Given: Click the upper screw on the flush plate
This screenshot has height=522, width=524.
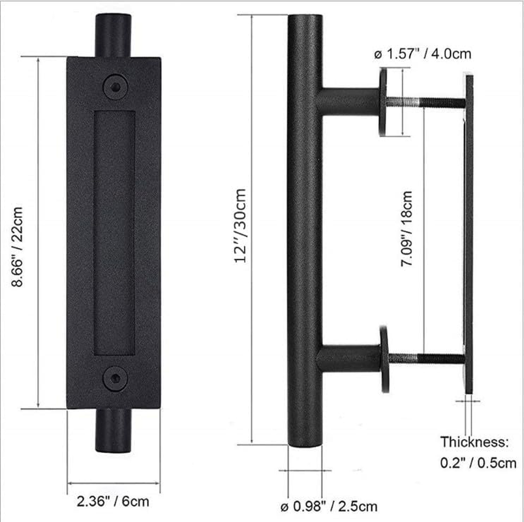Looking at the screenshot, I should pos(115,85).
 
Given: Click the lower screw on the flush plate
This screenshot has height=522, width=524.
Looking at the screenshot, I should pos(115,378).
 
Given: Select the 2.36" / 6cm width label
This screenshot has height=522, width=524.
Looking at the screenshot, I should pos(113,502).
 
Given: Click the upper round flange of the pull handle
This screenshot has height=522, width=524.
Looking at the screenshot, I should pos(384,102).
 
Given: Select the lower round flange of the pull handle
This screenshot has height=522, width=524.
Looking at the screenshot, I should pos(384,358).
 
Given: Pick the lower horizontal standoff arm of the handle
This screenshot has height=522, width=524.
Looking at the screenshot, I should pos(349,358).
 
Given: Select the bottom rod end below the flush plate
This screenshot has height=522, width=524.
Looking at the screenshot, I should pos(114,430).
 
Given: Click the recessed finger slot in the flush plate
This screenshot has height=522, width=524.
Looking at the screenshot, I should pos(114,232).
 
